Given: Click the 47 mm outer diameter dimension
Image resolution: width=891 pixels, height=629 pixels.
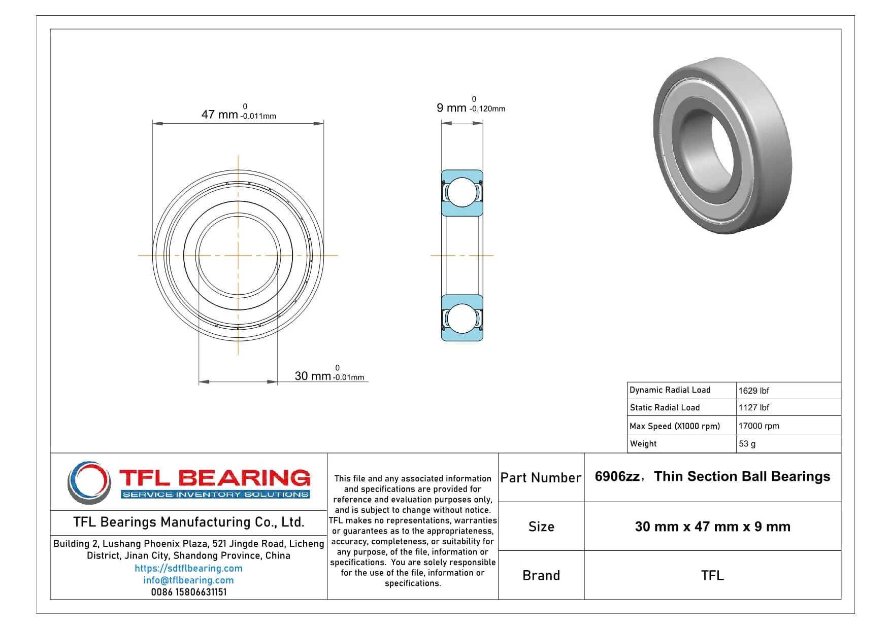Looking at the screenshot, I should [220, 115].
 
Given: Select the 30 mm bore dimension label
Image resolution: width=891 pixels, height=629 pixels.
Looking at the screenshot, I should [313, 376].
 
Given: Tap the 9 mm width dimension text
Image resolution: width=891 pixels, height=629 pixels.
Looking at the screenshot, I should [451, 108].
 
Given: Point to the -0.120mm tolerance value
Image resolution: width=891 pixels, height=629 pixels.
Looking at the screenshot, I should [487, 109].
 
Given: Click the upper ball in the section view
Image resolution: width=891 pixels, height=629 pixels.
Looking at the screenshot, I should [462, 192].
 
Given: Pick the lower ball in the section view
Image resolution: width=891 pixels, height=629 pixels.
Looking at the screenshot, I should [462, 318].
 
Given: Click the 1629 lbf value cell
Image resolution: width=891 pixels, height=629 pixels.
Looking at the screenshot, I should [753, 391].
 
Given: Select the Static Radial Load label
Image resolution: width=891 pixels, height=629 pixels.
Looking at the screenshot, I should [665, 407].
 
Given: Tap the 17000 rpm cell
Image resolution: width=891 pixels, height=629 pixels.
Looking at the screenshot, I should [758, 426].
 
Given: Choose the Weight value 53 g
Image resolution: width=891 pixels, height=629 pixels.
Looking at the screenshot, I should [747, 444].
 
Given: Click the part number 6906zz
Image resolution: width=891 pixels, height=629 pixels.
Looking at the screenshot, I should [617, 477].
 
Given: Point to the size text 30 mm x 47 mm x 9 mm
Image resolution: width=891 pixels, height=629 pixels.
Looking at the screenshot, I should [712, 527].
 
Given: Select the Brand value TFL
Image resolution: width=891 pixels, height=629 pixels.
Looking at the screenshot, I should [712, 575].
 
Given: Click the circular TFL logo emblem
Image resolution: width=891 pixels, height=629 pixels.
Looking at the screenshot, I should [89, 482].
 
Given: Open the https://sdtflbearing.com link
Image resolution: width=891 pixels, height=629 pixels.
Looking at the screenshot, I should [188, 568].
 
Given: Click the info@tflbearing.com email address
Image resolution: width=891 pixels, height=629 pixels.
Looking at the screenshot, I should [188, 580].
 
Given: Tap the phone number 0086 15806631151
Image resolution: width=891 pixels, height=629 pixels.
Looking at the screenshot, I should [188, 592].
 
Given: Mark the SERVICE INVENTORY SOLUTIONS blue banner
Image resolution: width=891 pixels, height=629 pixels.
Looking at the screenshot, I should [216, 495].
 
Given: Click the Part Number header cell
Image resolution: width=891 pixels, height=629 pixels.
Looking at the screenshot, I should [541, 478].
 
